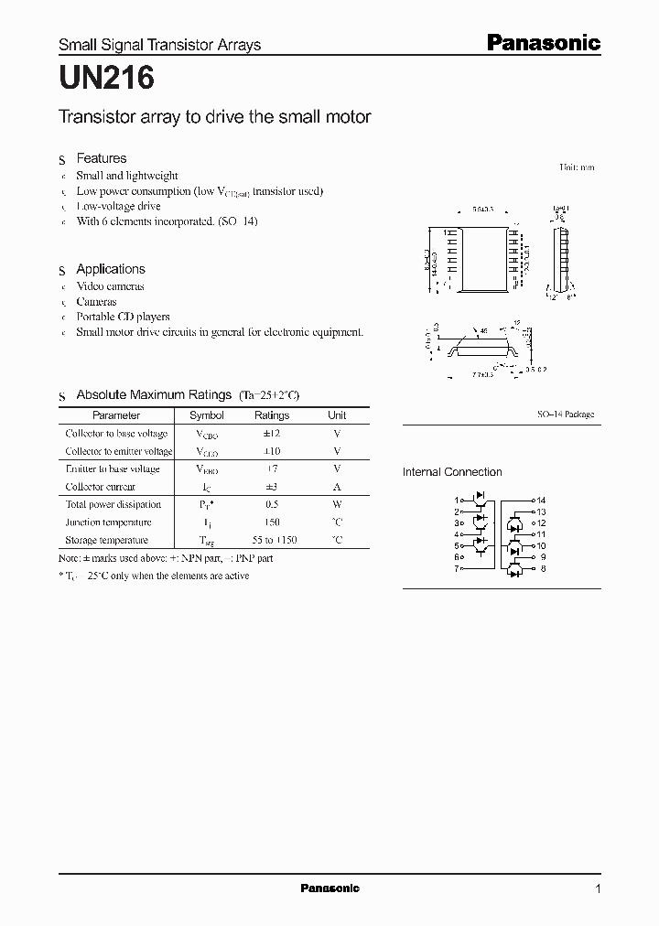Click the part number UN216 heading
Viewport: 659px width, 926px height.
pos(106,79)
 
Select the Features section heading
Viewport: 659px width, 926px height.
pos(101,158)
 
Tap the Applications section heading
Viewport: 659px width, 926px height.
pos(111,269)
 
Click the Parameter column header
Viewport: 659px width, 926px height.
pos(116,415)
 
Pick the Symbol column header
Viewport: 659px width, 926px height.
pos(206,415)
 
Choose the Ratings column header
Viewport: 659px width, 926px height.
pos(271,415)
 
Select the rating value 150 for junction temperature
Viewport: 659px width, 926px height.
pos(271,522)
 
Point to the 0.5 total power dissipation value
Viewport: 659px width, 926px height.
pos(271,504)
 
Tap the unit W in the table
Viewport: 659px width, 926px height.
pos(337,504)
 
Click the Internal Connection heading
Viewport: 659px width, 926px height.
pos(452,472)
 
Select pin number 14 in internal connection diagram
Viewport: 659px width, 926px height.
pos(541,501)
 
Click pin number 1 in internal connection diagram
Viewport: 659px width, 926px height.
pos(457,501)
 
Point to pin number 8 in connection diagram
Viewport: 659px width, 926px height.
pos(542,568)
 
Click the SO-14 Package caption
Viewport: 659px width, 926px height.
pos(565,415)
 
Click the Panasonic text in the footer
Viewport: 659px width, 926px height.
pos(329,888)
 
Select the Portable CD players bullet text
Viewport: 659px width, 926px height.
pos(123,317)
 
